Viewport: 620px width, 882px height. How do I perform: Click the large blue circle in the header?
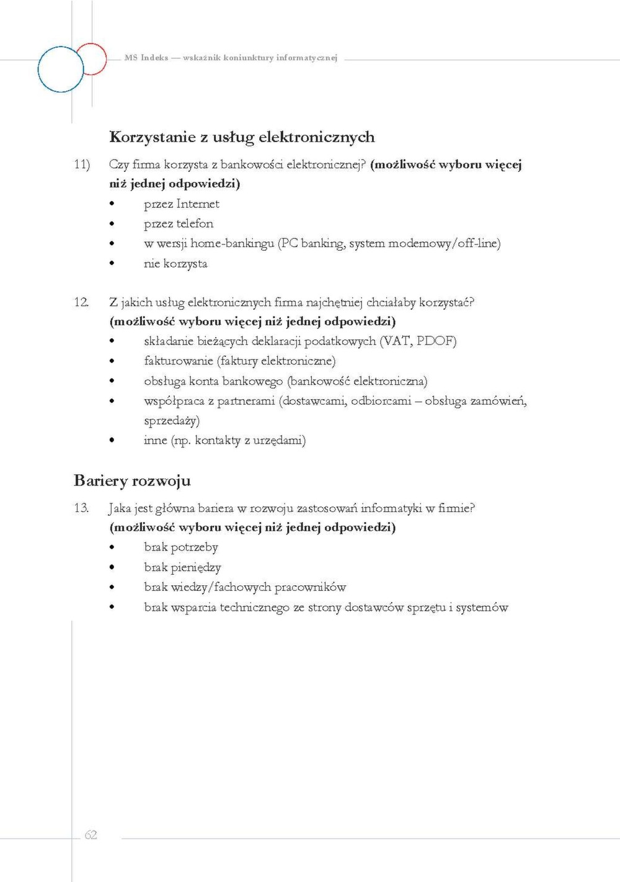[x=60, y=70]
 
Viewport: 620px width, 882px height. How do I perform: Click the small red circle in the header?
[x=92, y=59]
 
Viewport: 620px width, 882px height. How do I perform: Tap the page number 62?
[x=91, y=835]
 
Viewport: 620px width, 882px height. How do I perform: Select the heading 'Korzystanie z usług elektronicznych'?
[x=242, y=137]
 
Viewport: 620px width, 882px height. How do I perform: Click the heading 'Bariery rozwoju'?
[x=132, y=480]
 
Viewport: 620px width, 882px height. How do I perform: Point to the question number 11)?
[x=82, y=164]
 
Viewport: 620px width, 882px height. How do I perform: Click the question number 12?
[x=81, y=302]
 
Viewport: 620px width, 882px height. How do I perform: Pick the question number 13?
[x=81, y=508]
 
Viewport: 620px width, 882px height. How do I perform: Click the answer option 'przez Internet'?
[x=181, y=204]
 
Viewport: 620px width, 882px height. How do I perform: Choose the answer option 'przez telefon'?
[x=179, y=223]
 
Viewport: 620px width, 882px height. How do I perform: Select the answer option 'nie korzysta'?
[x=175, y=263]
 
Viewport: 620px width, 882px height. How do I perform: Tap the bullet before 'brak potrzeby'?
[x=112, y=547]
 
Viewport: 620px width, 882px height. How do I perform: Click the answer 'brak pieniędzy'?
[x=182, y=567]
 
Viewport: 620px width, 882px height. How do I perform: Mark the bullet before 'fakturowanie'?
[x=112, y=361]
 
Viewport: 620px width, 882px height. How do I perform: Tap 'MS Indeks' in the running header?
[x=146, y=58]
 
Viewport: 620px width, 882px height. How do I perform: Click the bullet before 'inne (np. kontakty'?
[x=112, y=441]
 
